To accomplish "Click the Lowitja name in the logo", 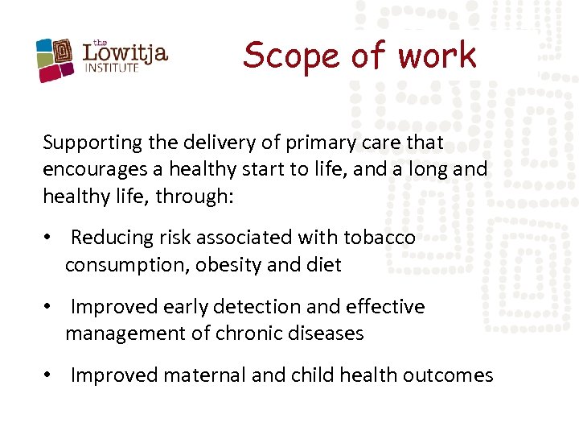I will tap(125, 53).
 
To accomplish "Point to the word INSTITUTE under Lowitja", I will tap(112, 68).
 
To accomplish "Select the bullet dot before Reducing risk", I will tap(49, 238).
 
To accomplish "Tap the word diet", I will tap(324, 264).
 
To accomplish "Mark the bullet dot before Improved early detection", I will tap(49, 307).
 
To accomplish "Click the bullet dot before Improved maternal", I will tap(49, 375).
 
